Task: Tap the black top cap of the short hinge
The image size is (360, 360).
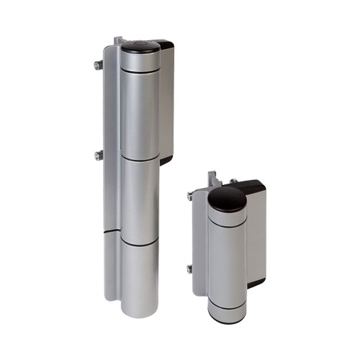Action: (x=227, y=198)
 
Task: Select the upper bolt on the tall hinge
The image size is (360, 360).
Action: (x=96, y=66)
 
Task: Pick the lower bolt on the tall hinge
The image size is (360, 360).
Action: (x=96, y=155)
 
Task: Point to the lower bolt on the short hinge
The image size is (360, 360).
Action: (x=190, y=269)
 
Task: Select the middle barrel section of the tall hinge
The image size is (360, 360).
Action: (x=140, y=198)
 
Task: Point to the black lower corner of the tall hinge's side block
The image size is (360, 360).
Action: (x=166, y=160)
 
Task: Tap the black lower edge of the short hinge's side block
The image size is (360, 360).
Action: (x=256, y=283)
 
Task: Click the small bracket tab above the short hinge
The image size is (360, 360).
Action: (x=212, y=177)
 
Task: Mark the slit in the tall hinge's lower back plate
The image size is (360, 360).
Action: (x=109, y=233)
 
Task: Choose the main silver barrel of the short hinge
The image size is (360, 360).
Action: (x=227, y=259)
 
